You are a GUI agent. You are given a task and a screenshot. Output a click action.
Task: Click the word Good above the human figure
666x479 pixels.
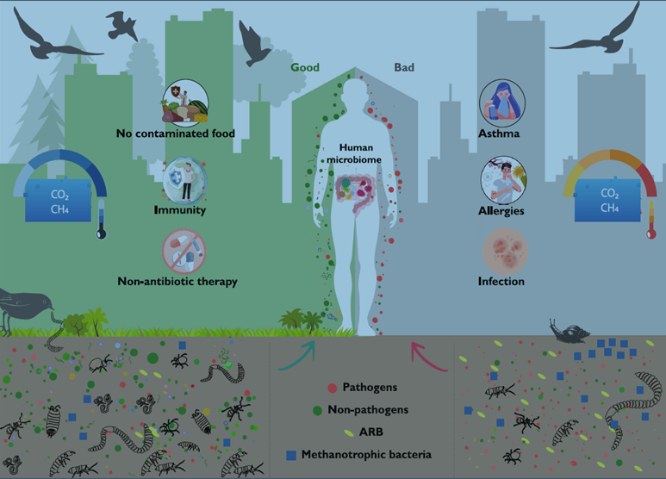coord(304,67)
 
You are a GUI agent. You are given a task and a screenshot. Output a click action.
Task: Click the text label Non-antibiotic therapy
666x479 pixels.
coord(177,282)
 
